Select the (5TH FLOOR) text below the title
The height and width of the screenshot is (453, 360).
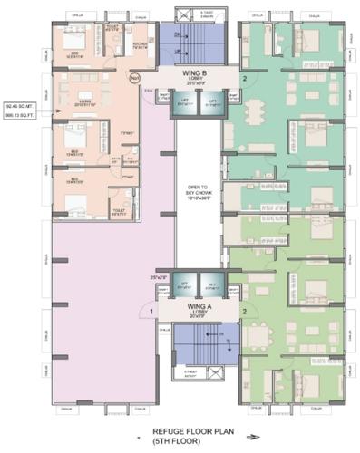point(193,442)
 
